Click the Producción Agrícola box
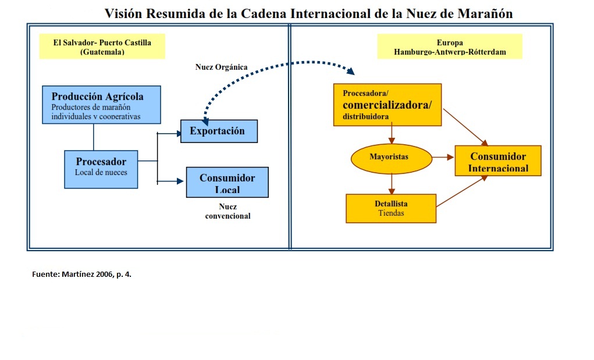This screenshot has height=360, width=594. coord(101,105)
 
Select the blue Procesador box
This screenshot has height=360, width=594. coord(101,169)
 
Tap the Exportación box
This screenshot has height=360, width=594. coord(219,131)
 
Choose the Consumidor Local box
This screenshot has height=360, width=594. coord(227,182)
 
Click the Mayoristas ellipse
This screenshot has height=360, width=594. coord(391,158)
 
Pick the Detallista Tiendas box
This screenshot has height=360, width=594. coord(391,208)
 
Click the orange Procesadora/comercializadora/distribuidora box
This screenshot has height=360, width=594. coord(387,105)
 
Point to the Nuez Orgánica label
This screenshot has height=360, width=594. coord(221,67)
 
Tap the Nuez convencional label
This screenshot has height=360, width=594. coord(227,211)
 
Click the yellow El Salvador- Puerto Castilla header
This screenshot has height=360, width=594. coord(102,47)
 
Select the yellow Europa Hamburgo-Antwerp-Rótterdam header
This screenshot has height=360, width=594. coord(450,47)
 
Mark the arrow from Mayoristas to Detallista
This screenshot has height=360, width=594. coord(392,184)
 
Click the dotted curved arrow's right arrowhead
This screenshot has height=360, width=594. coord(350,71)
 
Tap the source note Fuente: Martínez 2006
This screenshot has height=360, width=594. coord(81,273)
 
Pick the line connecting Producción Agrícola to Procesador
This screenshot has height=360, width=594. coord(94,137)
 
